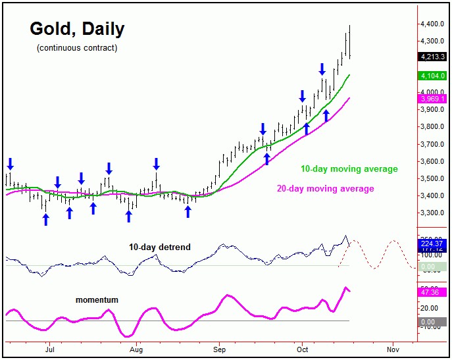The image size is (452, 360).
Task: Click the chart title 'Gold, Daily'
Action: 77,29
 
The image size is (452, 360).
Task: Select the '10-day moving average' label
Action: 349,169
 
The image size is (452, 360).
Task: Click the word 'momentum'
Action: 97,300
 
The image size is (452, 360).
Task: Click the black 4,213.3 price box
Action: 432,57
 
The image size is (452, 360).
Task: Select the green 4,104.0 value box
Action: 432,76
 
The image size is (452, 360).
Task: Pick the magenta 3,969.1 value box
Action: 432,99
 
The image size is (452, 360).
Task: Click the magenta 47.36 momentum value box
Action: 432,292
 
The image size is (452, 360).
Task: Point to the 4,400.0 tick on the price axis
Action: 435,24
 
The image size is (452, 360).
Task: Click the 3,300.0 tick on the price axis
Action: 435,213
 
